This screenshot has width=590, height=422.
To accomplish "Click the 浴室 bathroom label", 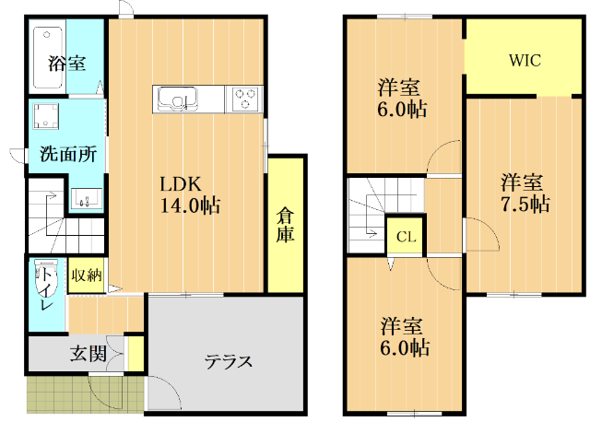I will (66, 64).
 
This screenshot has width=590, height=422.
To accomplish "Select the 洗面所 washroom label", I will (67, 155).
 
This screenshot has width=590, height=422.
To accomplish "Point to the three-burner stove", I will (245, 97).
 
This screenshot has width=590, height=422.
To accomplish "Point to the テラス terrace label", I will (229, 361).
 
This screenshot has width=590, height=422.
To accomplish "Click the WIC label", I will (525, 61).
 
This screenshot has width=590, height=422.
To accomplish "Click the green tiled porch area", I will (83, 395).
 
